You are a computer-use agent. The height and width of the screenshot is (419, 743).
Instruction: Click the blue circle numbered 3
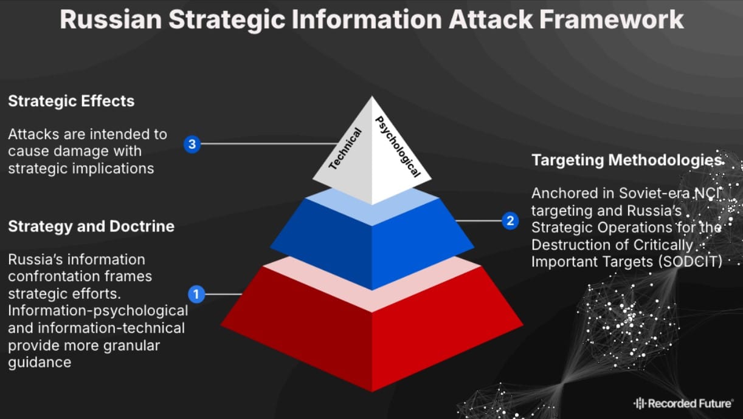point(192,145)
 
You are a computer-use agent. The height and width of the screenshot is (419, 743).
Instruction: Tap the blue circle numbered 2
point(510,221)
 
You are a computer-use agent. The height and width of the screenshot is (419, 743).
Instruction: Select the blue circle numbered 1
point(196,295)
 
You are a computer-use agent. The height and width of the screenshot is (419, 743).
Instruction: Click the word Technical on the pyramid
point(345,149)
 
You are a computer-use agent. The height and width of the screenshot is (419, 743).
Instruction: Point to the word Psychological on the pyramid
point(397,146)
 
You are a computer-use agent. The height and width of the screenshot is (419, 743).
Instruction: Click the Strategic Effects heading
point(71,101)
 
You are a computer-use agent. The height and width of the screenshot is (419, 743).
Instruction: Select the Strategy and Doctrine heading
point(91,227)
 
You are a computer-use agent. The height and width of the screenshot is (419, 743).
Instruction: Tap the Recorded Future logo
point(683,403)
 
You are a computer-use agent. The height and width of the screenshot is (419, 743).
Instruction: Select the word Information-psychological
point(98,311)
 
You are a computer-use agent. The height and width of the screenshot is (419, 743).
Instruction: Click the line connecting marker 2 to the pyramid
point(479,221)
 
